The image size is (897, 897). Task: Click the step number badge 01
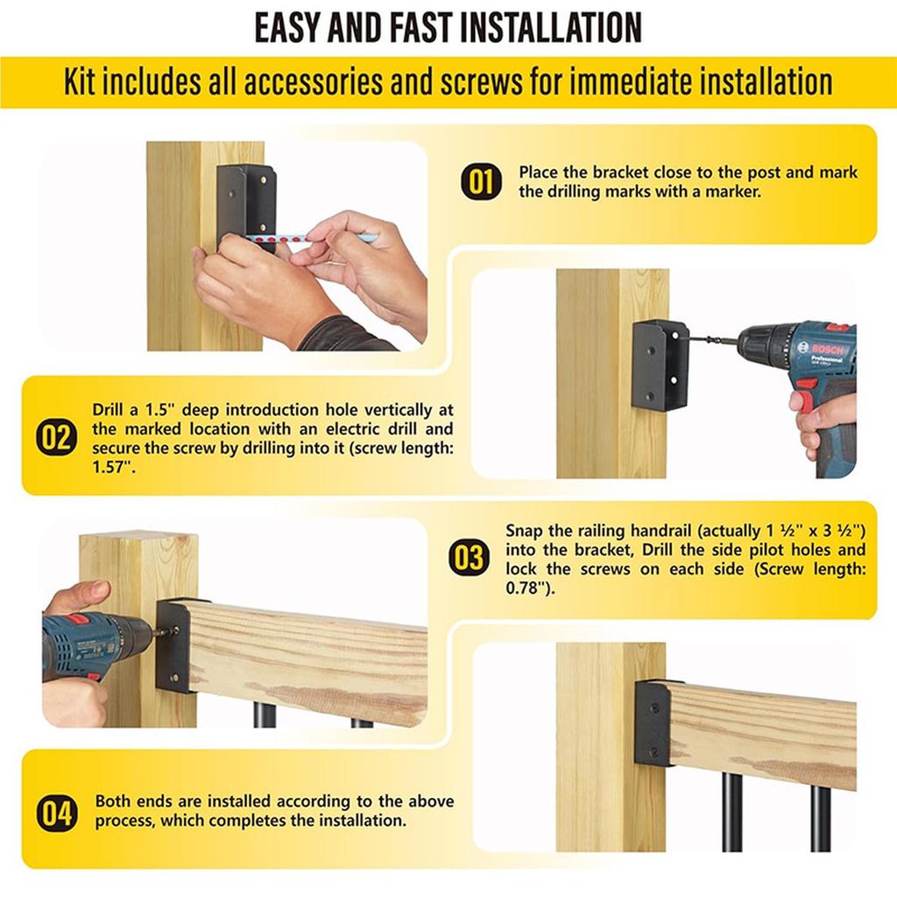481,182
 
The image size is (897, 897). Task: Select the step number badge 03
469,558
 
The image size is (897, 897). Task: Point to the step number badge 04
56,812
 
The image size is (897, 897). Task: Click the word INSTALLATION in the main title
552,27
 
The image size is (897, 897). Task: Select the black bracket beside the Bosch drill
660,364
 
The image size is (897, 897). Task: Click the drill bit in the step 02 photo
712,342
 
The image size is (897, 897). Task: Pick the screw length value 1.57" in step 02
111,468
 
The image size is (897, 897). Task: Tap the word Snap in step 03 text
523,531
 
